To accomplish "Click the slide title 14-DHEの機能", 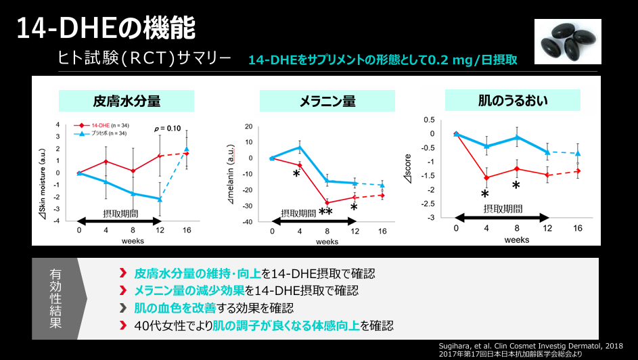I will point(106,28).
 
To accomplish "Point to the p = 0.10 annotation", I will point(168,128).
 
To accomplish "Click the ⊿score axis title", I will point(428,169).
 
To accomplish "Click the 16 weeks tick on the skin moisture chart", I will point(187,230).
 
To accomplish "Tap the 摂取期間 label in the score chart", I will point(502,208).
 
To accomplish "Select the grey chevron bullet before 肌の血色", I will point(123,308).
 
